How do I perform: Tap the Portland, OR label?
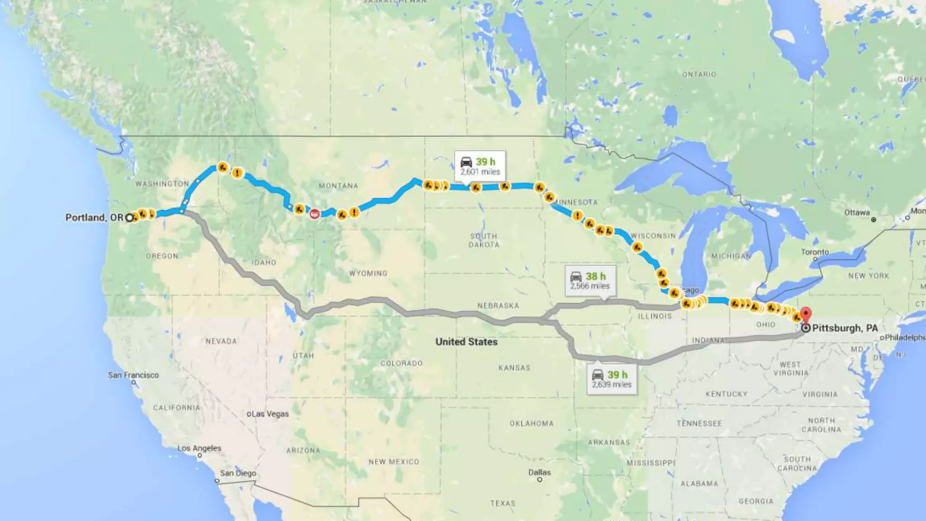[94, 218]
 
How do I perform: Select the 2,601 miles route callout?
[480, 166]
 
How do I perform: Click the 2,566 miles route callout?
[590, 281]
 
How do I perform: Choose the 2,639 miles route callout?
[612, 379]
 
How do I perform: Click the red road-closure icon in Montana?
[315, 213]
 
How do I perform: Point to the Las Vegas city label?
[270, 414]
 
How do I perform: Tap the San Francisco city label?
[133, 375]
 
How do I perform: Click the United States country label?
[466, 342]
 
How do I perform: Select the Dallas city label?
[539, 472]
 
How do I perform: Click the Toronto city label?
[815, 252]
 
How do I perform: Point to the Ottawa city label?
[857, 213]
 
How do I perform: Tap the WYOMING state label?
[368, 273]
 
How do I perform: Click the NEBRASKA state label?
[498, 306]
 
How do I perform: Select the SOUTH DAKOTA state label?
[484, 240]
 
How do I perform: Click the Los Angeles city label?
[199, 448]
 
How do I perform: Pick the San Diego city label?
[238, 473]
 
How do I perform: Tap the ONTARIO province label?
[699, 74]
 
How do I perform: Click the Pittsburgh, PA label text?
[845, 328]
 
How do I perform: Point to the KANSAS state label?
[514, 368]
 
